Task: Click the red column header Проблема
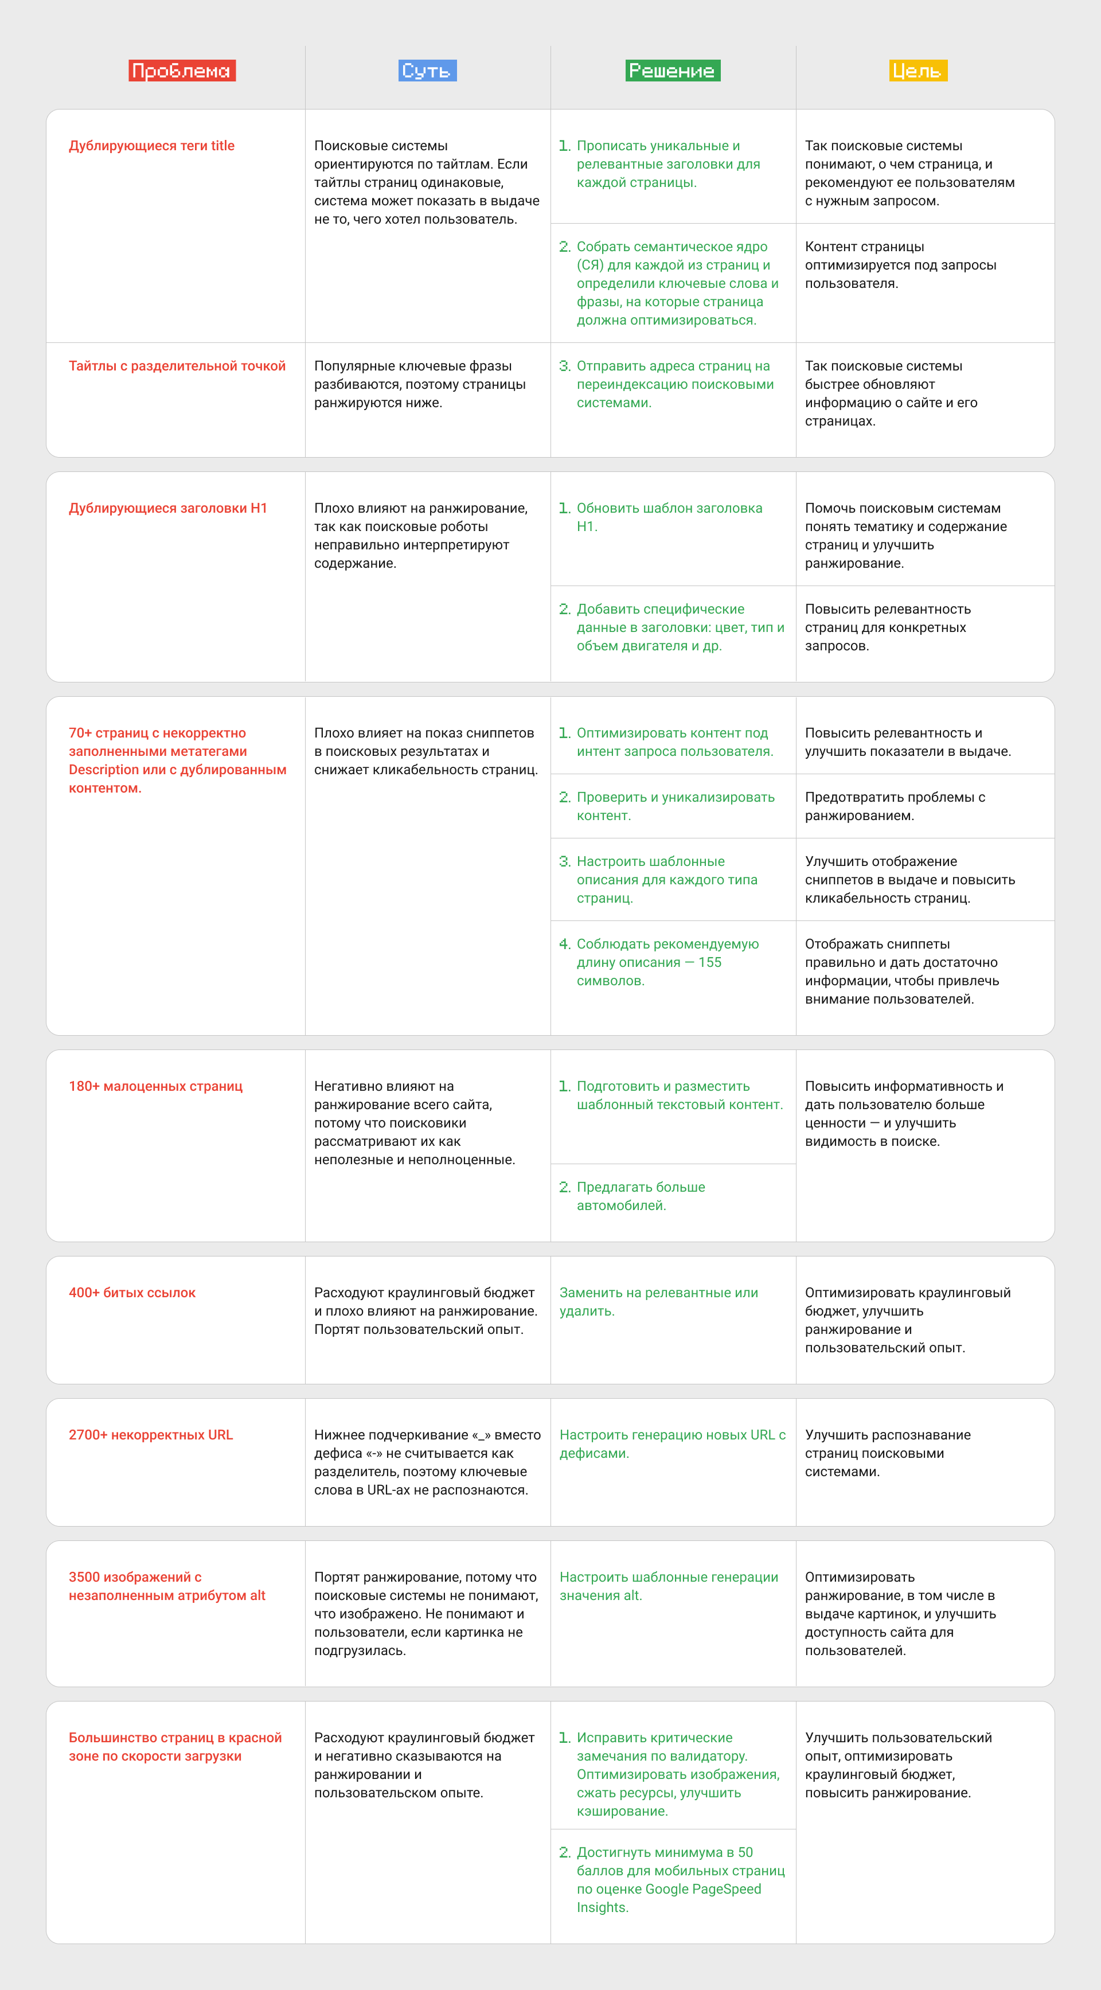182,71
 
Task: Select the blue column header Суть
428,71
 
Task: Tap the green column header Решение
672,71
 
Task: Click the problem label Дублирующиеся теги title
151,146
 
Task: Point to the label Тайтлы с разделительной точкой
177,366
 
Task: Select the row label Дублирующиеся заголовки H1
167,508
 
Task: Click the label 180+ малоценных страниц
155,1086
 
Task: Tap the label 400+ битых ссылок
132,1293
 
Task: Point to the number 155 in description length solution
709,962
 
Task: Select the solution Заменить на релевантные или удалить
658,1302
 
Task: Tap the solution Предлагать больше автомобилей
640,1196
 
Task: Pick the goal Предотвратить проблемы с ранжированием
895,806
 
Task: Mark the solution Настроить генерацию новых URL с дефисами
672,1444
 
